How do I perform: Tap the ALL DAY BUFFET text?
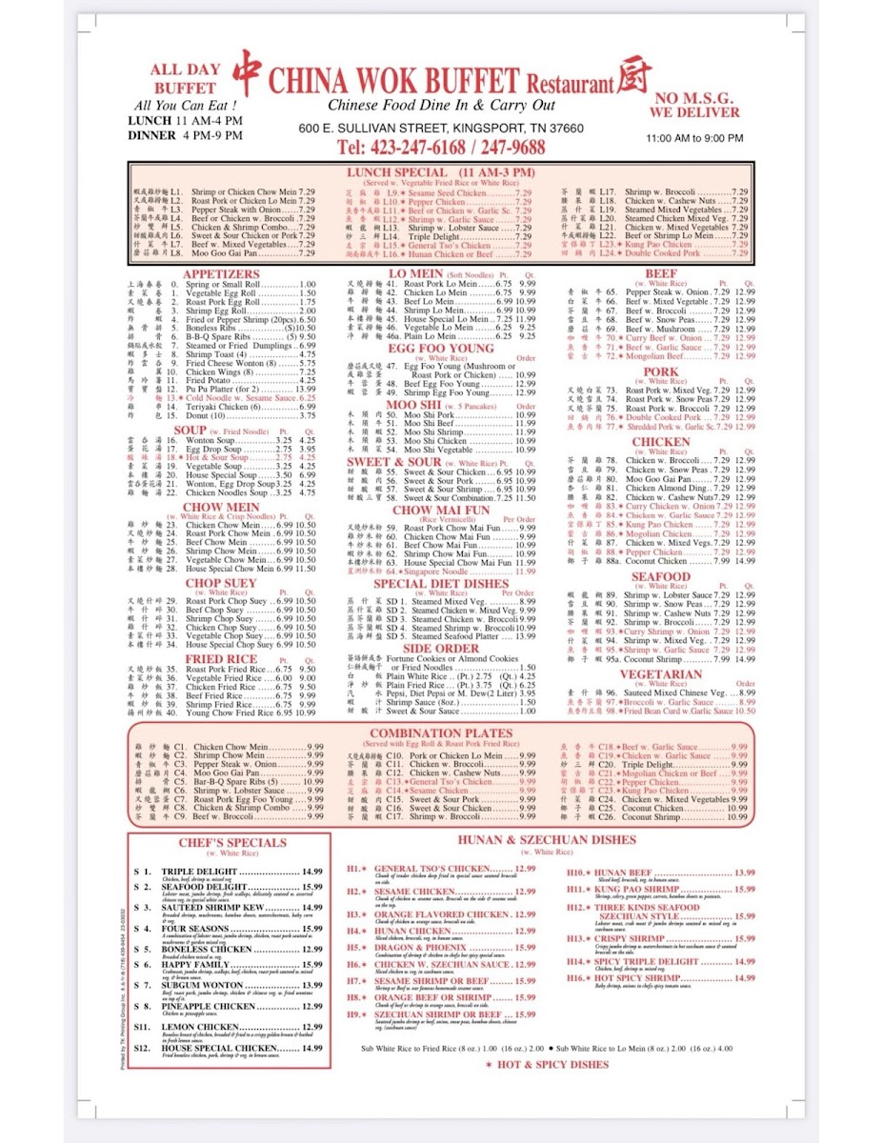point(185,78)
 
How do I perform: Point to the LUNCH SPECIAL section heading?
point(440,172)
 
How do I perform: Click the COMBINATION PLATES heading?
point(440,733)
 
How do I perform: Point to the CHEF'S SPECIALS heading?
point(231,842)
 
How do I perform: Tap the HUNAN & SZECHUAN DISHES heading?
point(546,840)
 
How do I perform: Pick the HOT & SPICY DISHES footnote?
point(547,1065)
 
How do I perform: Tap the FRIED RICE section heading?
point(221,659)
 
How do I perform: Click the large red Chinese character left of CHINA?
point(247,72)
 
